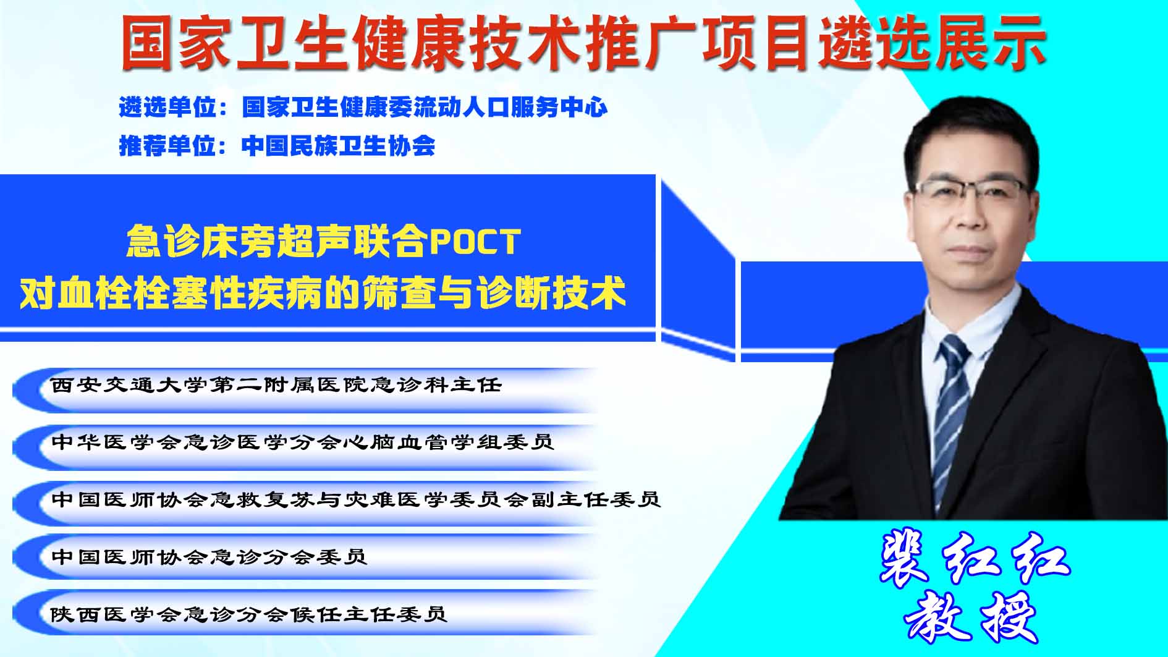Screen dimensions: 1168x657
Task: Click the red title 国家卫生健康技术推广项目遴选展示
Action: [x=583, y=43]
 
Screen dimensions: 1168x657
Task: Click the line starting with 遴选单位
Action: [x=363, y=108]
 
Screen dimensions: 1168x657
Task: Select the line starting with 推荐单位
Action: [x=277, y=146]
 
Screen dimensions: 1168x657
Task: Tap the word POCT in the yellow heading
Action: [x=475, y=241]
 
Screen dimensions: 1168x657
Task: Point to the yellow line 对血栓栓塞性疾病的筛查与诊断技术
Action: [x=323, y=292]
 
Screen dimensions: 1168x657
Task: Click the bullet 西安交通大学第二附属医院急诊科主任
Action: [x=276, y=385]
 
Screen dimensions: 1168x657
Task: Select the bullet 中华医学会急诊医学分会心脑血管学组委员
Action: [x=302, y=442]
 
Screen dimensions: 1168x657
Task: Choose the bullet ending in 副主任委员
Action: [x=356, y=499]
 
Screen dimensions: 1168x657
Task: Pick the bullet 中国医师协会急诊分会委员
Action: [x=209, y=556]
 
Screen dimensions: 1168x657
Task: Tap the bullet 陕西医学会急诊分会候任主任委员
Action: [x=249, y=614]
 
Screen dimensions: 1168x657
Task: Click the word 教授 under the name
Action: [x=971, y=617]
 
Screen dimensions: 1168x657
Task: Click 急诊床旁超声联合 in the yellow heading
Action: [x=277, y=241]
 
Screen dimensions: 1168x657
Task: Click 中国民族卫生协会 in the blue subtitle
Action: [x=339, y=146]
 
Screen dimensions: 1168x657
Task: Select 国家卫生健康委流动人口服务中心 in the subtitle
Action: [x=425, y=108]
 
